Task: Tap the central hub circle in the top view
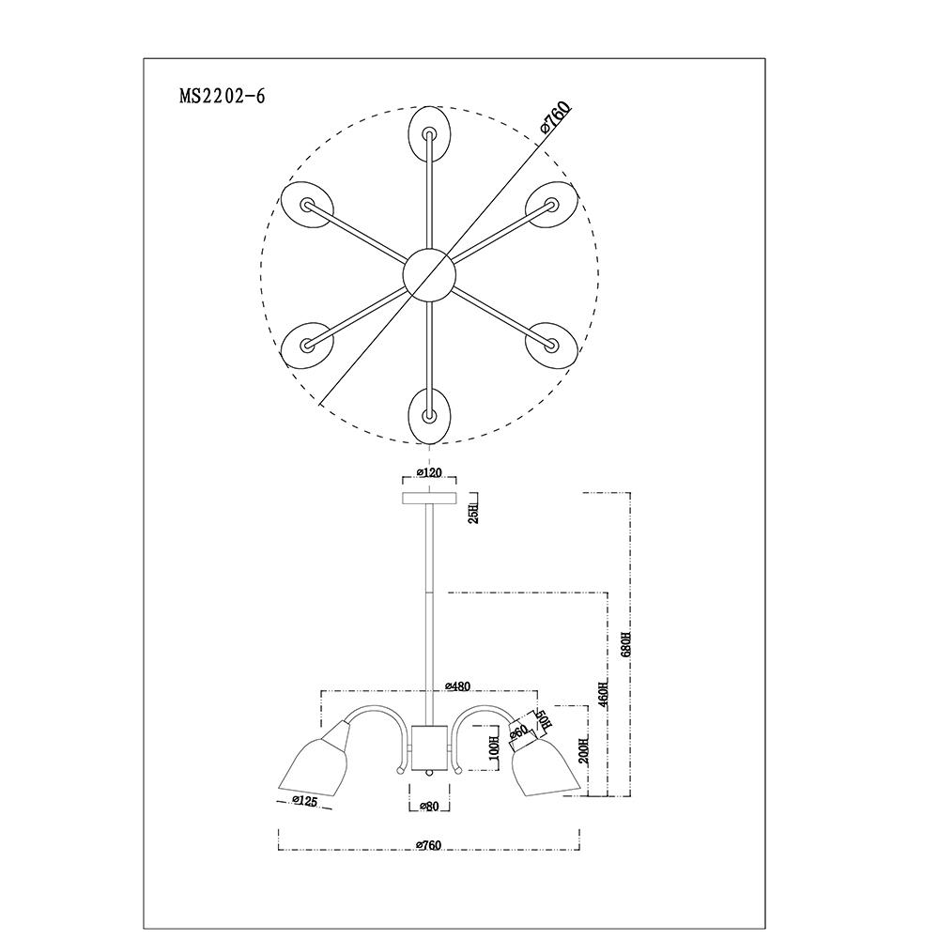(429, 274)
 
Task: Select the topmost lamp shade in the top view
(429, 132)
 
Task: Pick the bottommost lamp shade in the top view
(429, 414)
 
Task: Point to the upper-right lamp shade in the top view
(550, 204)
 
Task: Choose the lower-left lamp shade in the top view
(308, 345)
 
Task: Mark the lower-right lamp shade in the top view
(550, 344)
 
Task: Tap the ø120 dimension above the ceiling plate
(428, 473)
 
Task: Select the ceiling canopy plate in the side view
(429, 497)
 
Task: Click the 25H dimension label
(474, 513)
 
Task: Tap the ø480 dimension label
(456, 686)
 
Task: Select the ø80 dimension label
(429, 806)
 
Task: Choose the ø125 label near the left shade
(303, 801)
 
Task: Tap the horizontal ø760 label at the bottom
(428, 845)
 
